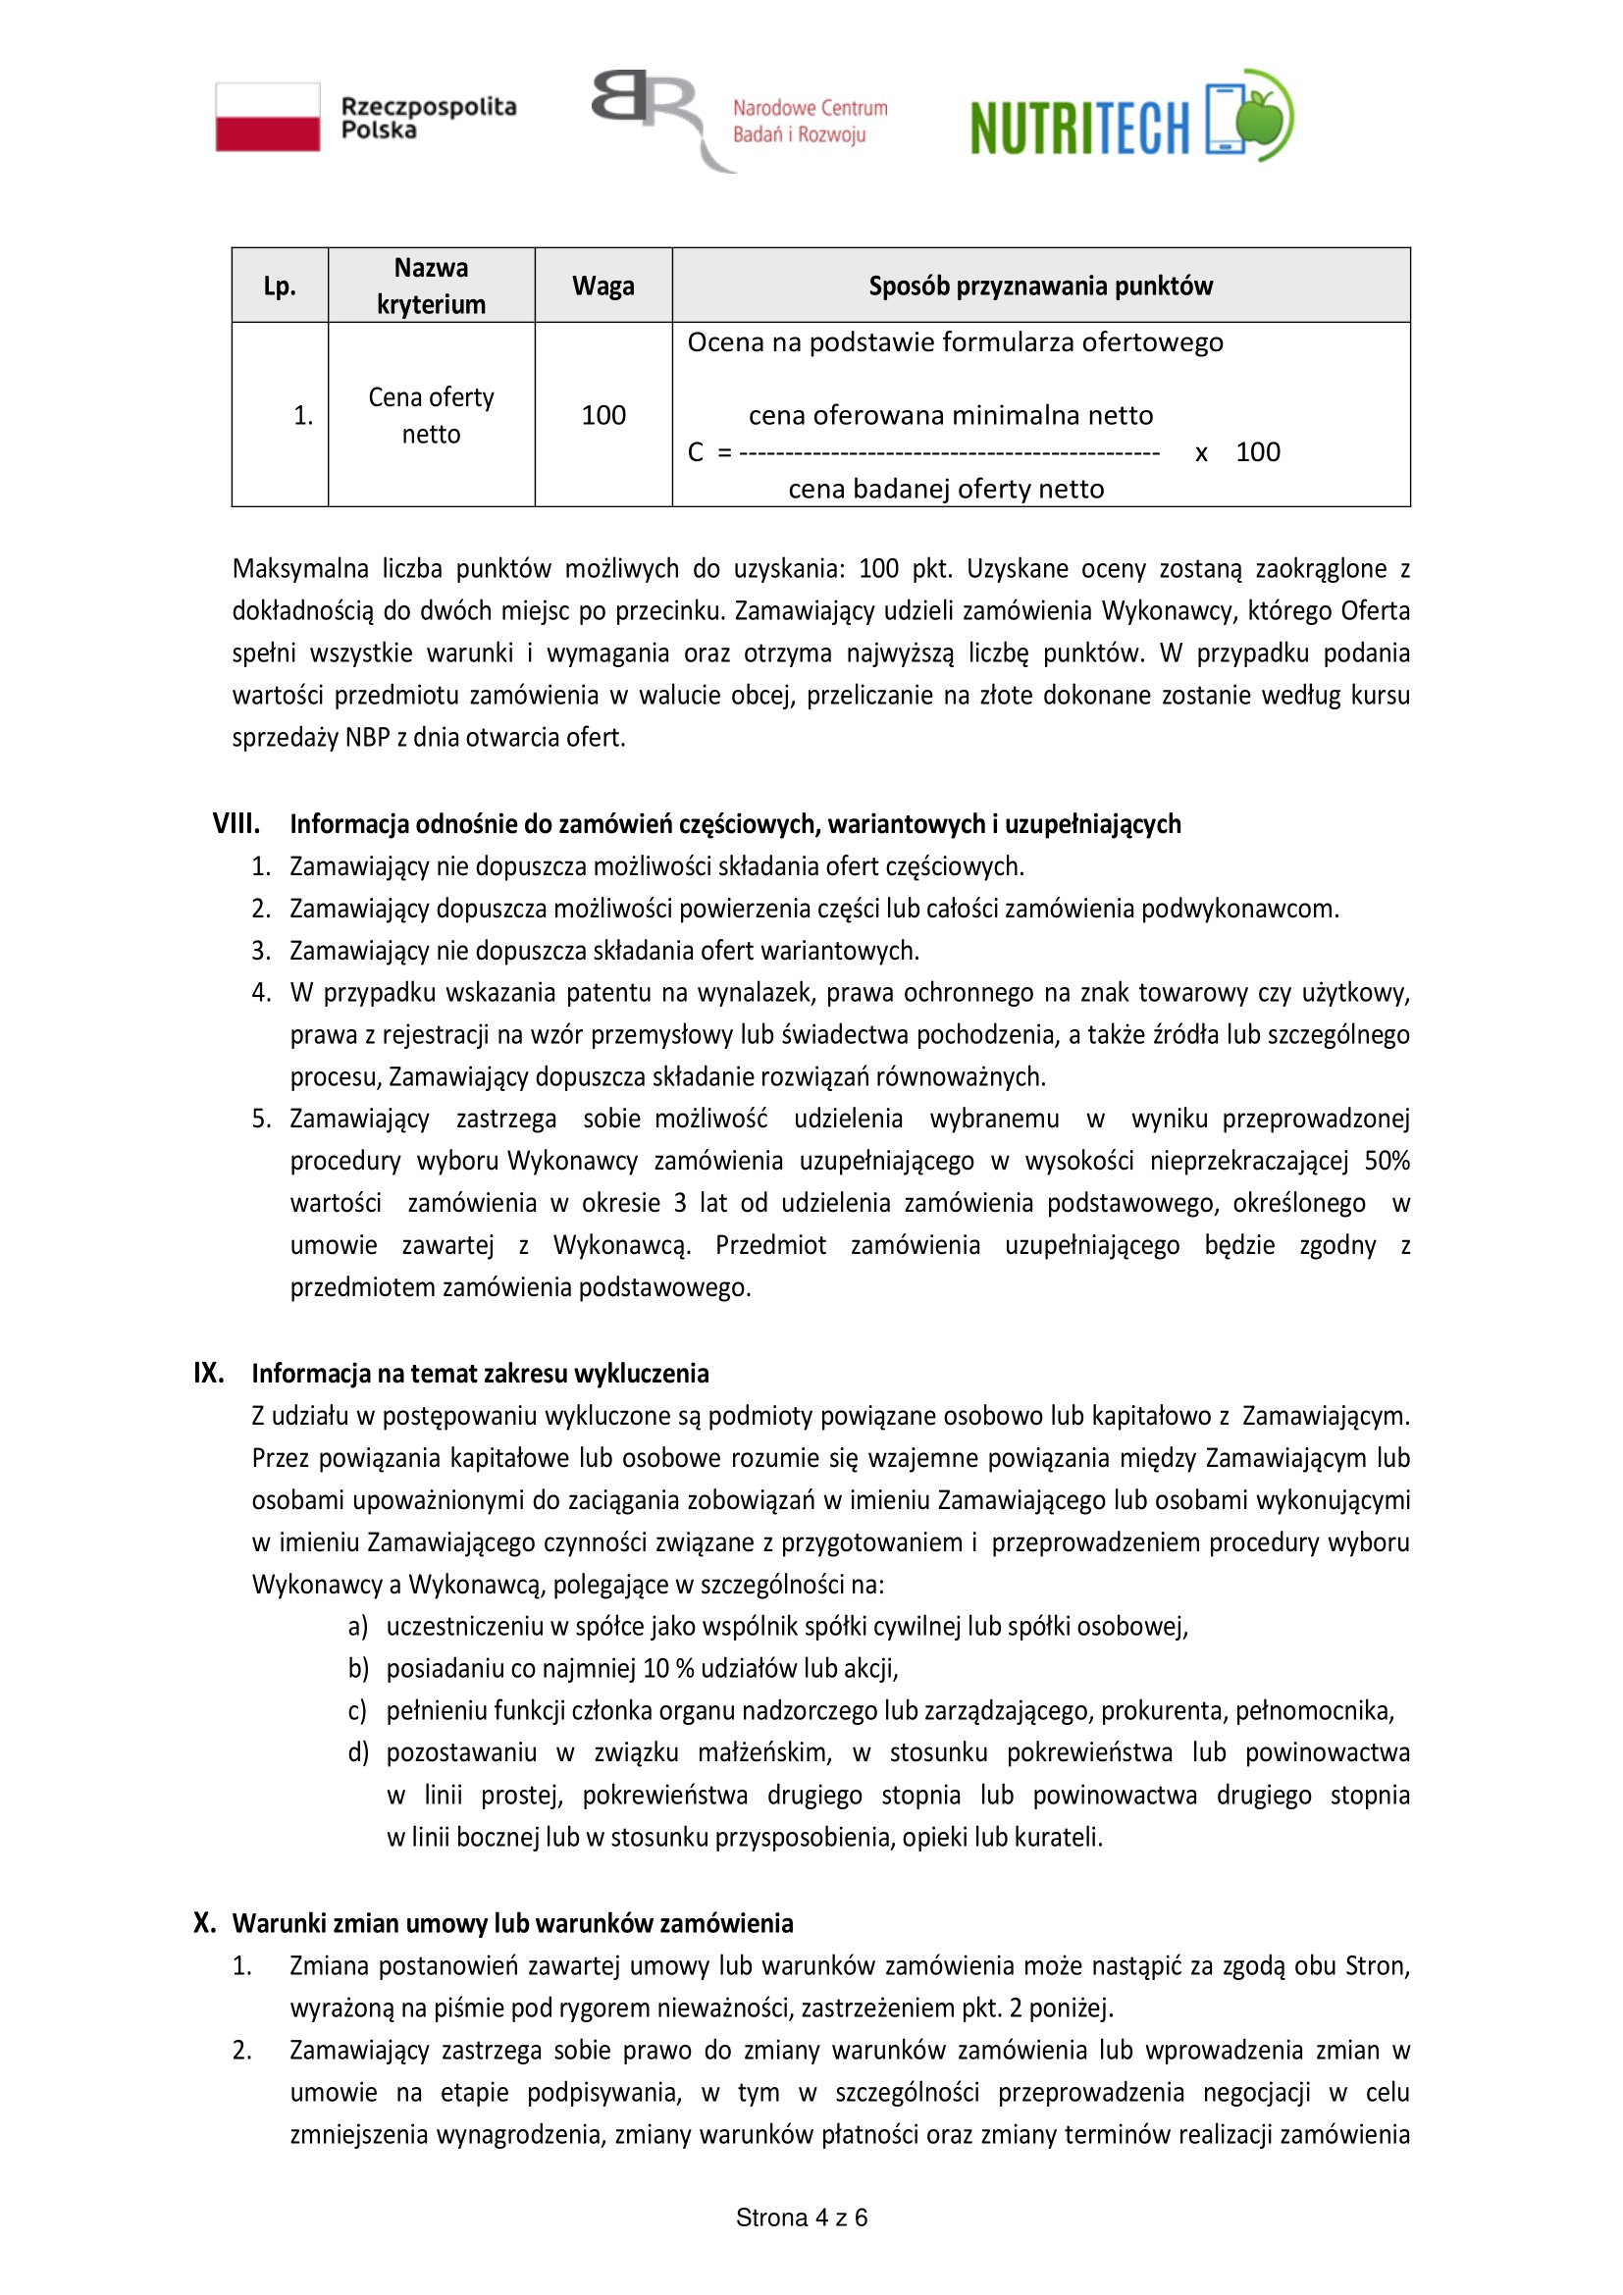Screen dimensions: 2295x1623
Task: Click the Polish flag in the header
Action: pos(268,117)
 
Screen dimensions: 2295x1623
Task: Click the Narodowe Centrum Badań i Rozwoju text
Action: pos(810,121)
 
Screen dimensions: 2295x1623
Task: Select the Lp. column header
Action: pos(280,286)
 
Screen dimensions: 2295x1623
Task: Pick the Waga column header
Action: pos(602,286)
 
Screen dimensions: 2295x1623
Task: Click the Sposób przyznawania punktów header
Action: pos(1040,286)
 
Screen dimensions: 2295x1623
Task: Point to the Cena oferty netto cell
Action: pos(431,415)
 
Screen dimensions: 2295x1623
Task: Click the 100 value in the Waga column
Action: pos(603,415)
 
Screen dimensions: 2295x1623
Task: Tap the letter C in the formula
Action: pos(696,452)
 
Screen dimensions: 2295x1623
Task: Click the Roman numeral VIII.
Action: pos(236,823)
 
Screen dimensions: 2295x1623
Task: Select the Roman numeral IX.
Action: pos(208,1373)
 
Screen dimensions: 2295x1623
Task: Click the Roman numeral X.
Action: pos(204,1922)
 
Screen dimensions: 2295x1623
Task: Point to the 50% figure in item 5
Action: pos(1387,1161)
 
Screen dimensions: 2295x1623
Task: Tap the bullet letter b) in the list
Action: pos(358,1667)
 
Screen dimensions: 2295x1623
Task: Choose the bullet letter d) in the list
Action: pos(358,1751)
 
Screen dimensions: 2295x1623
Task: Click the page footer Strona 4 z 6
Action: pos(802,2217)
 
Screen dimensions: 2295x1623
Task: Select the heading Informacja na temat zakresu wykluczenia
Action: pos(480,1373)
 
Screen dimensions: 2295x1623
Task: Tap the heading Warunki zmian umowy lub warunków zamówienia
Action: pos(512,1922)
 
